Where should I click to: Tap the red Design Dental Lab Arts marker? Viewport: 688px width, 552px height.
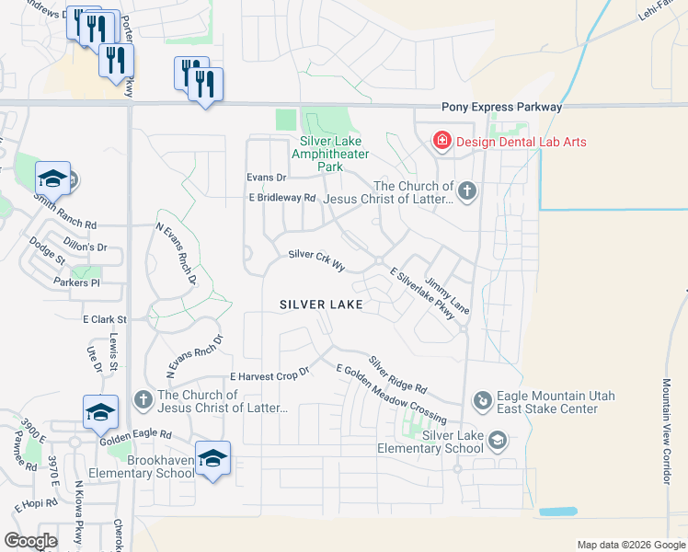click(442, 141)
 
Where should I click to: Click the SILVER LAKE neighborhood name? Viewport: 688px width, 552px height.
click(321, 304)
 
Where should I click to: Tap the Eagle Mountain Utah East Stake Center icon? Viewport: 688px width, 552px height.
click(482, 400)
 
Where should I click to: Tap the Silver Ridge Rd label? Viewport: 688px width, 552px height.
click(398, 374)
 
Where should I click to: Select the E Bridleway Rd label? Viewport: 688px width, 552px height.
click(281, 198)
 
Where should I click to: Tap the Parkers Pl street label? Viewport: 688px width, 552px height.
click(76, 282)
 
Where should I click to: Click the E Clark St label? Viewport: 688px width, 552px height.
click(104, 319)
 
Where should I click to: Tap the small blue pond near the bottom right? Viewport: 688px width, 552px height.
click(558, 512)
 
